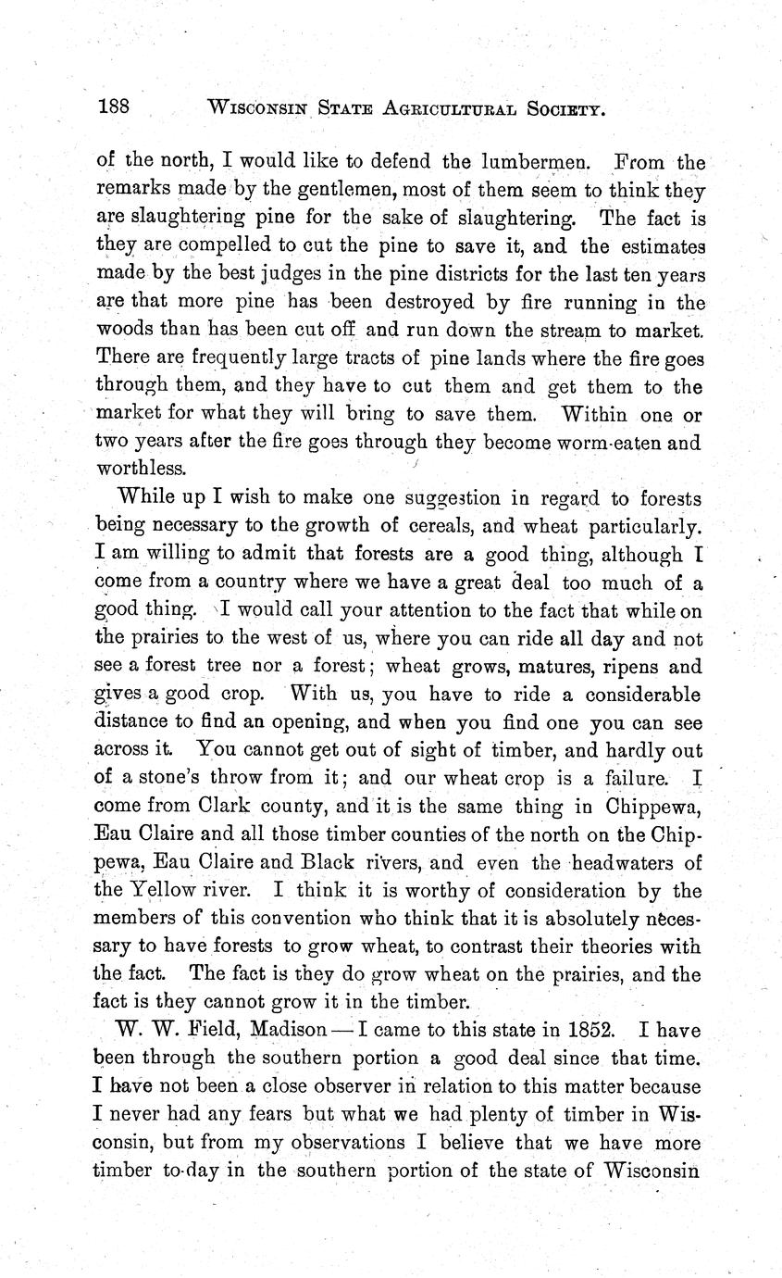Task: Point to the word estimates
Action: pos(660,246)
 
